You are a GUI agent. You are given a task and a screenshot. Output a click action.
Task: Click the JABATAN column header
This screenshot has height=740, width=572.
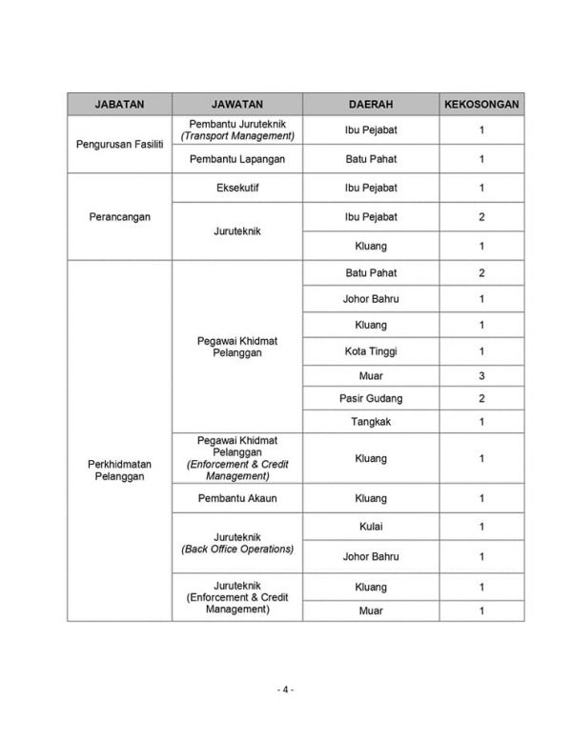pyautogui.click(x=119, y=103)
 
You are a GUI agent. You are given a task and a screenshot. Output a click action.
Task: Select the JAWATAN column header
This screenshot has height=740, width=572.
pyautogui.click(x=237, y=103)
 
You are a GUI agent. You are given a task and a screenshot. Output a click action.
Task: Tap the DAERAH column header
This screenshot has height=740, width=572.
pyautogui.click(x=371, y=103)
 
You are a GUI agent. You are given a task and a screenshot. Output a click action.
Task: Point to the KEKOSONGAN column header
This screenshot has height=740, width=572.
pyautogui.click(x=481, y=103)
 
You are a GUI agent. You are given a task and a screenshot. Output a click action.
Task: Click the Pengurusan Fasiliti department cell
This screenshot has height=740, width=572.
pyautogui.click(x=119, y=144)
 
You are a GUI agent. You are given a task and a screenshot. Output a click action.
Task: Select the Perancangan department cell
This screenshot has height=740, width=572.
pyautogui.click(x=119, y=216)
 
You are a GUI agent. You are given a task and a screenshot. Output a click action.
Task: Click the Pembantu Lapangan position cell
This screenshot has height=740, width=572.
pyautogui.click(x=237, y=159)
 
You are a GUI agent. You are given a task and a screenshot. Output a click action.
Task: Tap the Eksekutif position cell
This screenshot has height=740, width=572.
pyautogui.click(x=237, y=188)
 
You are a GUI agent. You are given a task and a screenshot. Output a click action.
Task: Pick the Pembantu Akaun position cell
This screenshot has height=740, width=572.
pyautogui.click(x=237, y=498)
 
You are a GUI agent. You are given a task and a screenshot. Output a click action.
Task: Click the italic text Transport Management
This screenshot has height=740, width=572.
pyautogui.click(x=237, y=136)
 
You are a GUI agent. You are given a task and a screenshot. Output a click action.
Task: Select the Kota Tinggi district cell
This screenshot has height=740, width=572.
pyautogui.click(x=371, y=351)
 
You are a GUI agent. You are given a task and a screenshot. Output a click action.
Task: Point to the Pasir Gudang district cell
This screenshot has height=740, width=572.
pyautogui.click(x=371, y=398)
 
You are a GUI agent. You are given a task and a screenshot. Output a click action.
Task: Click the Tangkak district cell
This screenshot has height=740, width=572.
pyautogui.click(x=371, y=422)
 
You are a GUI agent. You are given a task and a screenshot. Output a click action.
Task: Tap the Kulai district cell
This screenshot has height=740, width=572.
pyautogui.click(x=371, y=527)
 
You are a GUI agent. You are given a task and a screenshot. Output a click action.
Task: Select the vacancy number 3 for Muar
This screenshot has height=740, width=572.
pyautogui.click(x=481, y=375)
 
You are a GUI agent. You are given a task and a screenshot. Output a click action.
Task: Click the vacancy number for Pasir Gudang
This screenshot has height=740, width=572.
pyautogui.click(x=481, y=398)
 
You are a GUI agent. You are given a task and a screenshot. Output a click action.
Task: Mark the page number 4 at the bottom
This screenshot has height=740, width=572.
pyautogui.click(x=286, y=690)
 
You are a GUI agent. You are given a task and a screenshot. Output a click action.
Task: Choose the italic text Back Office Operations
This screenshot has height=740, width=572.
pyautogui.click(x=237, y=550)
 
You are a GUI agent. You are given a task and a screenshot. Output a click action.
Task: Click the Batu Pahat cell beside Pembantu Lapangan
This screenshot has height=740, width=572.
pyautogui.click(x=371, y=159)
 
